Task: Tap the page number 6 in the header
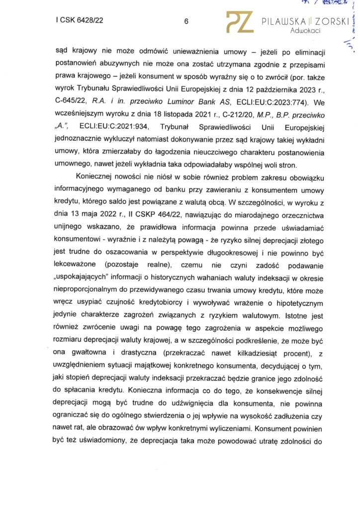click(185, 21)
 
